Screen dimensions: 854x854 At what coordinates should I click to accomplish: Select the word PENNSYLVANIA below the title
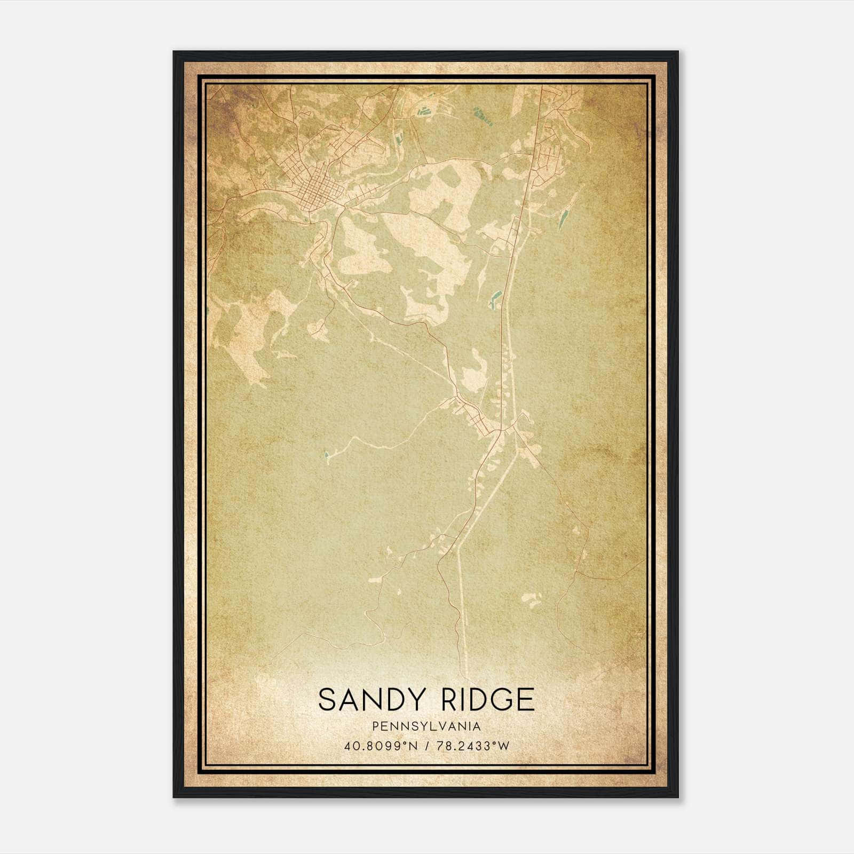pyautogui.click(x=426, y=726)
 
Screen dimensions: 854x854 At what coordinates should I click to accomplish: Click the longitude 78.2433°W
pyautogui.click(x=473, y=746)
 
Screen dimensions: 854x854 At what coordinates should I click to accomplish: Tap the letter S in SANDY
pyautogui.click(x=327, y=699)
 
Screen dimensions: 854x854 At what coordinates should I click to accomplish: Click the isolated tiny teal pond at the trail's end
pyautogui.click(x=326, y=455)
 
